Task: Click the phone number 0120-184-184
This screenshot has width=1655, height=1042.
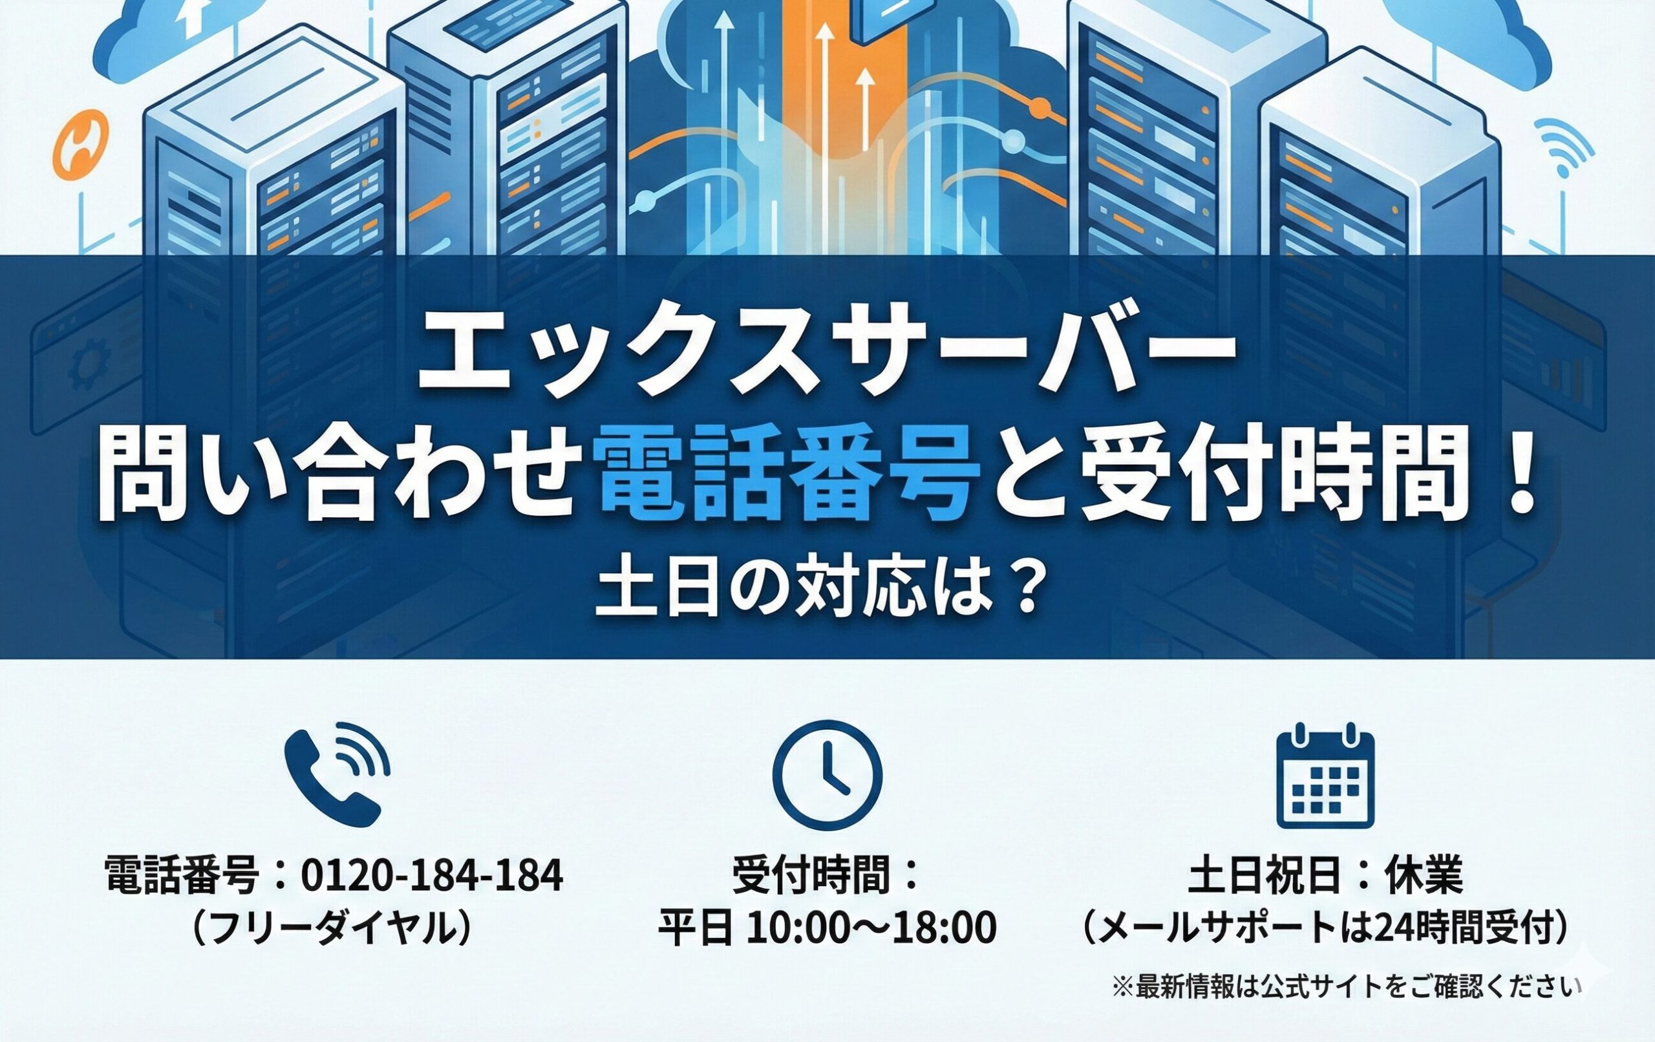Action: [x=432, y=877]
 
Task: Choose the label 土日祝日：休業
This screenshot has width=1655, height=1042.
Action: [x=1325, y=877]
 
